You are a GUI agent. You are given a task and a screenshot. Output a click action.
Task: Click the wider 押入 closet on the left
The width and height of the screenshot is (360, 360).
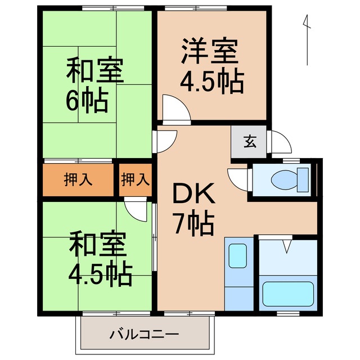79,180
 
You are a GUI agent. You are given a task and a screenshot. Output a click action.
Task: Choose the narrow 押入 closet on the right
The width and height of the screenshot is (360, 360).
136,180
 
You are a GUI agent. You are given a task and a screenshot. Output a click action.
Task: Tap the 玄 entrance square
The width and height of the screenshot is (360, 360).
249,141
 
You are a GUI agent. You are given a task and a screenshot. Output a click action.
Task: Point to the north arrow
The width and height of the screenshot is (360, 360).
307,39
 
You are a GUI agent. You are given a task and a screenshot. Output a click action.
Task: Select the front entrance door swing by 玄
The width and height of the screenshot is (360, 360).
280,141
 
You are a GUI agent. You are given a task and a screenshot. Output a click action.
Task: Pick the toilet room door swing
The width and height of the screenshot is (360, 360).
239,179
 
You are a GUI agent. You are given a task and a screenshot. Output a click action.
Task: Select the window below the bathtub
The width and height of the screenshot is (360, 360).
287,312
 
